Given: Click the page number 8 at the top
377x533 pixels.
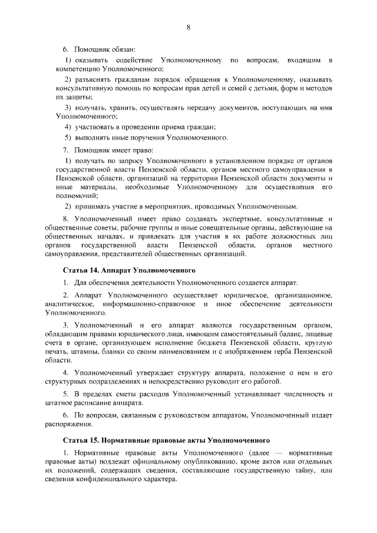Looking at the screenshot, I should pyautogui.click(x=188, y=27).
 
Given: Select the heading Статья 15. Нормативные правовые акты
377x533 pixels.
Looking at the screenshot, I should pyautogui.click(x=166, y=439).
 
